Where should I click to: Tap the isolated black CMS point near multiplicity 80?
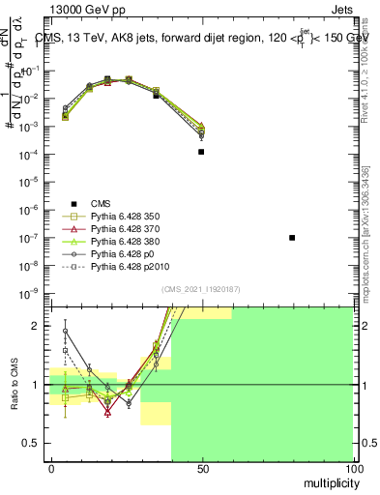point(292,238)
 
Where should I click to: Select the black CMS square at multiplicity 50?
point(201,152)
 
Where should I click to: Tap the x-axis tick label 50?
point(201,468)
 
